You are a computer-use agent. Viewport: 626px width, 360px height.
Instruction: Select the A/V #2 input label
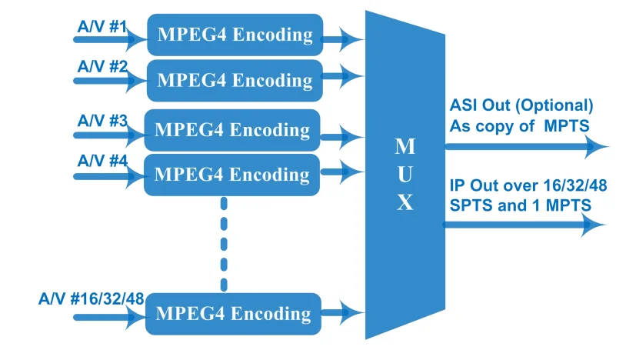101,66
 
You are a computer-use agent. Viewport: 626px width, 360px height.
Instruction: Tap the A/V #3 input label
102,120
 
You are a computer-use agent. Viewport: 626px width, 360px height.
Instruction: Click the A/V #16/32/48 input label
91,298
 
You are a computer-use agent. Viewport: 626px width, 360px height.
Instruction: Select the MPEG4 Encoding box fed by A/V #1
235,35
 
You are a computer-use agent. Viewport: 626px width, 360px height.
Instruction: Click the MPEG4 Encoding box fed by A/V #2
235,80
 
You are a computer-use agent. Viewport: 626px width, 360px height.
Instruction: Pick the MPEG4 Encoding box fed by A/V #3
232,129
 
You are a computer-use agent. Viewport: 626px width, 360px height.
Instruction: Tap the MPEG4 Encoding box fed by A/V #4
232,174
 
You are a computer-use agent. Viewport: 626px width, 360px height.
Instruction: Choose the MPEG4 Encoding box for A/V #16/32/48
233,314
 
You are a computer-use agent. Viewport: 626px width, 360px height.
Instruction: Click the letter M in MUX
405,146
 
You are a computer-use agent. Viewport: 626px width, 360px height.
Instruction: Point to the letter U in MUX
405,175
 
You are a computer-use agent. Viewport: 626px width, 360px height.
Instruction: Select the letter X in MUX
405,202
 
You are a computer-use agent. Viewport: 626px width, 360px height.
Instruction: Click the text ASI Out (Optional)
521,106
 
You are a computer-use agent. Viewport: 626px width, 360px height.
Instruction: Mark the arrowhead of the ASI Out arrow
596,145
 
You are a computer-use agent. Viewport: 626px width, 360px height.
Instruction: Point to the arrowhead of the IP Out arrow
594,225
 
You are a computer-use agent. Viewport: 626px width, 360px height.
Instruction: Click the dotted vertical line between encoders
224,244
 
